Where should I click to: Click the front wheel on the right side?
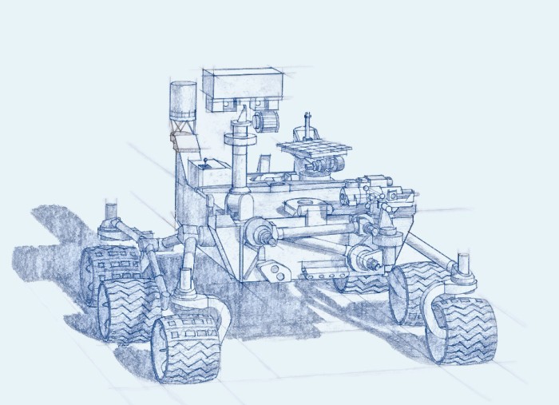click(462, 328)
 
